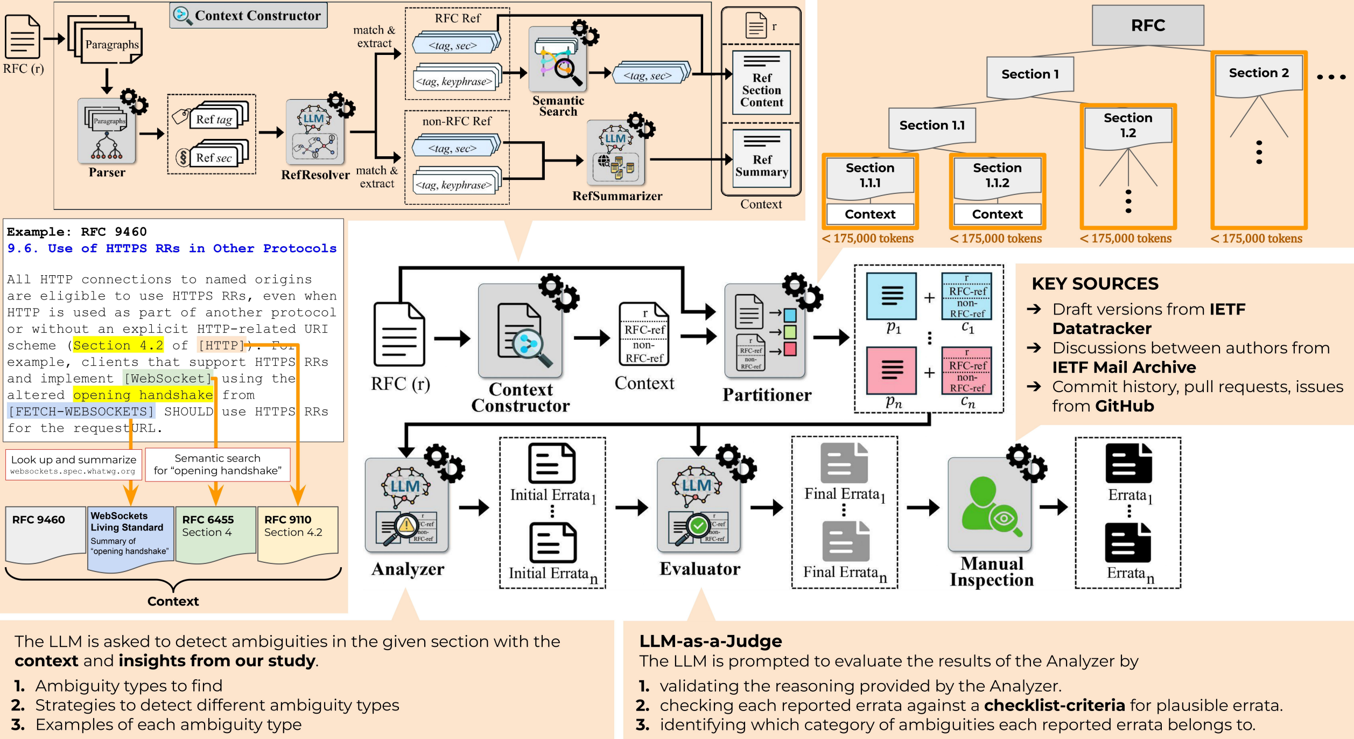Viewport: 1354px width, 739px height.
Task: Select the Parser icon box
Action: point(107,131)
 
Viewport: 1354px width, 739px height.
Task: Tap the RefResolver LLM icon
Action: point(315,133)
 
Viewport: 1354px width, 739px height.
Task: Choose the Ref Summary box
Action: point(761,159)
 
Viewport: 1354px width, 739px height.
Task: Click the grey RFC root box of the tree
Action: point(1148,25)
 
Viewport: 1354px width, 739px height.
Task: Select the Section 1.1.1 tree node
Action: point(870,176)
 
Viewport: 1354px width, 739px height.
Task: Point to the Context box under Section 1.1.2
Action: point(997,214)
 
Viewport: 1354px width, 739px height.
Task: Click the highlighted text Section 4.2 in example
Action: point(118,345)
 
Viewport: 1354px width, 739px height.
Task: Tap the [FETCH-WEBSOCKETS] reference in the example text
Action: point(81,412)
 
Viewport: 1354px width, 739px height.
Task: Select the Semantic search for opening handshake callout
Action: point(218,464)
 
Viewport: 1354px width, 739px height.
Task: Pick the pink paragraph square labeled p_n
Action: point(891,370)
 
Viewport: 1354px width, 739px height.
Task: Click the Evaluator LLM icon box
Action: point(698,505)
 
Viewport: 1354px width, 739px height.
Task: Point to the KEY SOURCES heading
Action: point(1095,283)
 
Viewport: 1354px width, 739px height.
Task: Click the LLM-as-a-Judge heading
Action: point(710,641)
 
